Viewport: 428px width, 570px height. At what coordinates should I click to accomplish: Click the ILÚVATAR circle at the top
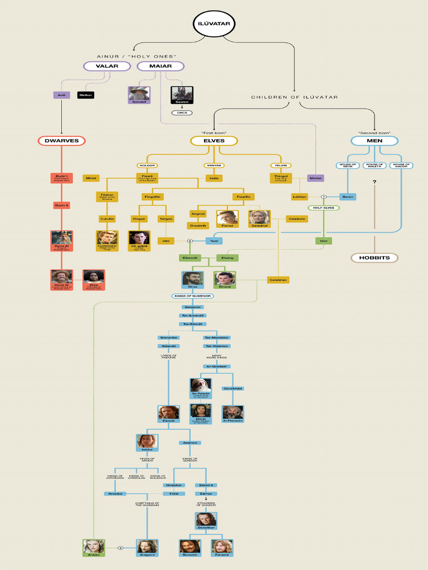tap(214, 23)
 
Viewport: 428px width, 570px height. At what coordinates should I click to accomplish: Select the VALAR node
tap(106, 66)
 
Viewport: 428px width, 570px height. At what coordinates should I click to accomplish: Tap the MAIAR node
tap(160, 66)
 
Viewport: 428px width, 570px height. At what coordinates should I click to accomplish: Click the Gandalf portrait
tap(138, 94)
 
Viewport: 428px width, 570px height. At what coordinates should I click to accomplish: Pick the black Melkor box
tap(86, 95)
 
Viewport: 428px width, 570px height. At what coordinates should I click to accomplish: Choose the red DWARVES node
tap(62, 141)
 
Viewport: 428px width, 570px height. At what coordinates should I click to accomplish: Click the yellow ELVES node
tap(214, 141)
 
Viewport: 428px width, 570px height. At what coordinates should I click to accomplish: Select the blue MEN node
tap(374, 141)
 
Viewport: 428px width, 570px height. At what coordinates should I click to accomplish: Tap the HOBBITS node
tap(374, 258)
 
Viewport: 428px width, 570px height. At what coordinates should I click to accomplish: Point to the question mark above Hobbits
tap(374, 182)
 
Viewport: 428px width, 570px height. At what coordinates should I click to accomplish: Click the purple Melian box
tap(315, 178)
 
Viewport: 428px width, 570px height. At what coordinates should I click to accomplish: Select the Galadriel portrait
tap(259, 217)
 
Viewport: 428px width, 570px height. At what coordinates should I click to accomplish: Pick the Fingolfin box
tap(152, 196)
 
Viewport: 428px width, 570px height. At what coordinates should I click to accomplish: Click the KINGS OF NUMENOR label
tap(192, 296)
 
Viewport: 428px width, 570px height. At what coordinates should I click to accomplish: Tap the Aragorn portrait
tap(147, 547)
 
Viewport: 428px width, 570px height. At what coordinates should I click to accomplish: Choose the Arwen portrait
tap(93, 547)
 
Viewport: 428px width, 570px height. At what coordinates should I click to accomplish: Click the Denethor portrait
tap(206, 519)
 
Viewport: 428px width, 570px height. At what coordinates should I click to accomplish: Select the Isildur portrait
tap(147, 443)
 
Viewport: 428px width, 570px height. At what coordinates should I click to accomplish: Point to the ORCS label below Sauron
tap(181, 112)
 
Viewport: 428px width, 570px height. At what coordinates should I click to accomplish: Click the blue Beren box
tap(348, 196)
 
